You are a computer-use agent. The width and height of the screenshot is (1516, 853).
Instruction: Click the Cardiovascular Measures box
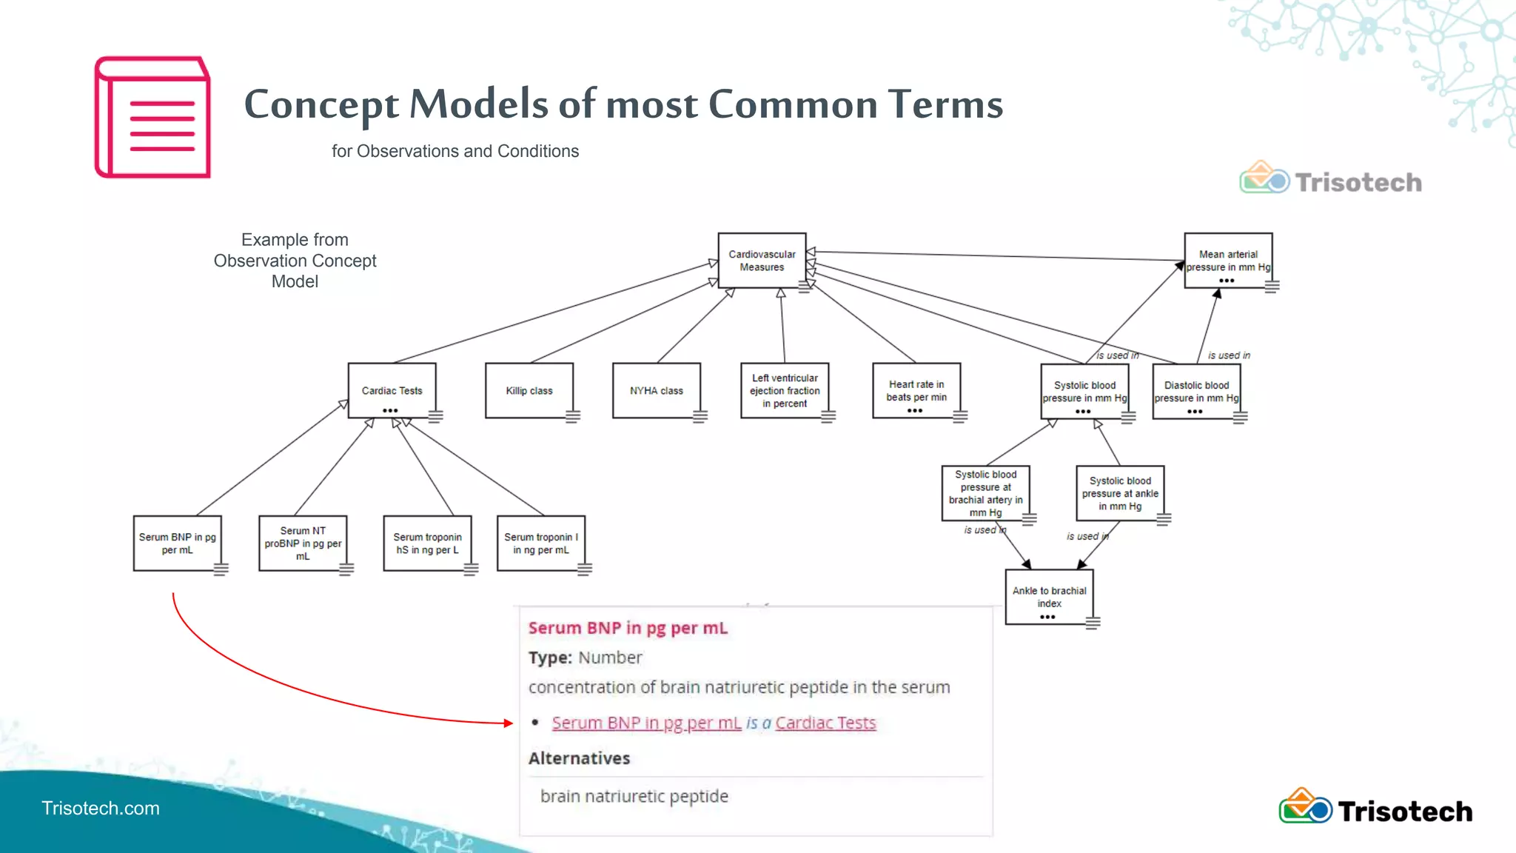coord(762,261)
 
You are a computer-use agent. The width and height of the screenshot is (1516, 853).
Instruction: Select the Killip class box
coord(529,390)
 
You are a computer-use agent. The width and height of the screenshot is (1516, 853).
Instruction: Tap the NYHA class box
coord(656,390)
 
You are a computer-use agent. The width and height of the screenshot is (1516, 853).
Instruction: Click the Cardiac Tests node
coord(392,390)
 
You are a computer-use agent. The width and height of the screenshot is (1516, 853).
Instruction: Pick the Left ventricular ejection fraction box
coord(785,390)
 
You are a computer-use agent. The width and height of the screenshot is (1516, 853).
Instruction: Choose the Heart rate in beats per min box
coord(916,390)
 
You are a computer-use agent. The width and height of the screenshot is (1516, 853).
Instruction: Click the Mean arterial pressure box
coord(1228,261)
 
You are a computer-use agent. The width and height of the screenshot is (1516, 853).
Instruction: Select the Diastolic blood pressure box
coord(1196,391)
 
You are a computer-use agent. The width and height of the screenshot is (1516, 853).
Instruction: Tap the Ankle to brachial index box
coord(1049,597)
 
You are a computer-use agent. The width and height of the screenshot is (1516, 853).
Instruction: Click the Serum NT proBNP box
coord(303,543)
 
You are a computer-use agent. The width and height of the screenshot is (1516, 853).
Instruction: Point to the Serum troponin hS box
coord(427,543)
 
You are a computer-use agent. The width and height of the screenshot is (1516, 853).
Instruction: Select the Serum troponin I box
coord(540,543)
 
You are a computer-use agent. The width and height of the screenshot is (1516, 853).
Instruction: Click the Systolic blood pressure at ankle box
coord(1120,493)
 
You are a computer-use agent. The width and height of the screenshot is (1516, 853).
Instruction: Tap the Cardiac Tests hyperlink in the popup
coord(825,723)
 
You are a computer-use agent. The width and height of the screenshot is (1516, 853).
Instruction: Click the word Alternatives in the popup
coord(579,758)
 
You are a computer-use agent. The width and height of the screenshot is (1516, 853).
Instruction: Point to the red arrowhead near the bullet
coord(509,723)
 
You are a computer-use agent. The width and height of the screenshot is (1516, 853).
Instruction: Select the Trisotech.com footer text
coord(101,808)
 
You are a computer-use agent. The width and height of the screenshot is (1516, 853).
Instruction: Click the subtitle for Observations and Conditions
coord(455,151)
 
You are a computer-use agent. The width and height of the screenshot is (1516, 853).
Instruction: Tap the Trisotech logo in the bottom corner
coord(1375,809)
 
